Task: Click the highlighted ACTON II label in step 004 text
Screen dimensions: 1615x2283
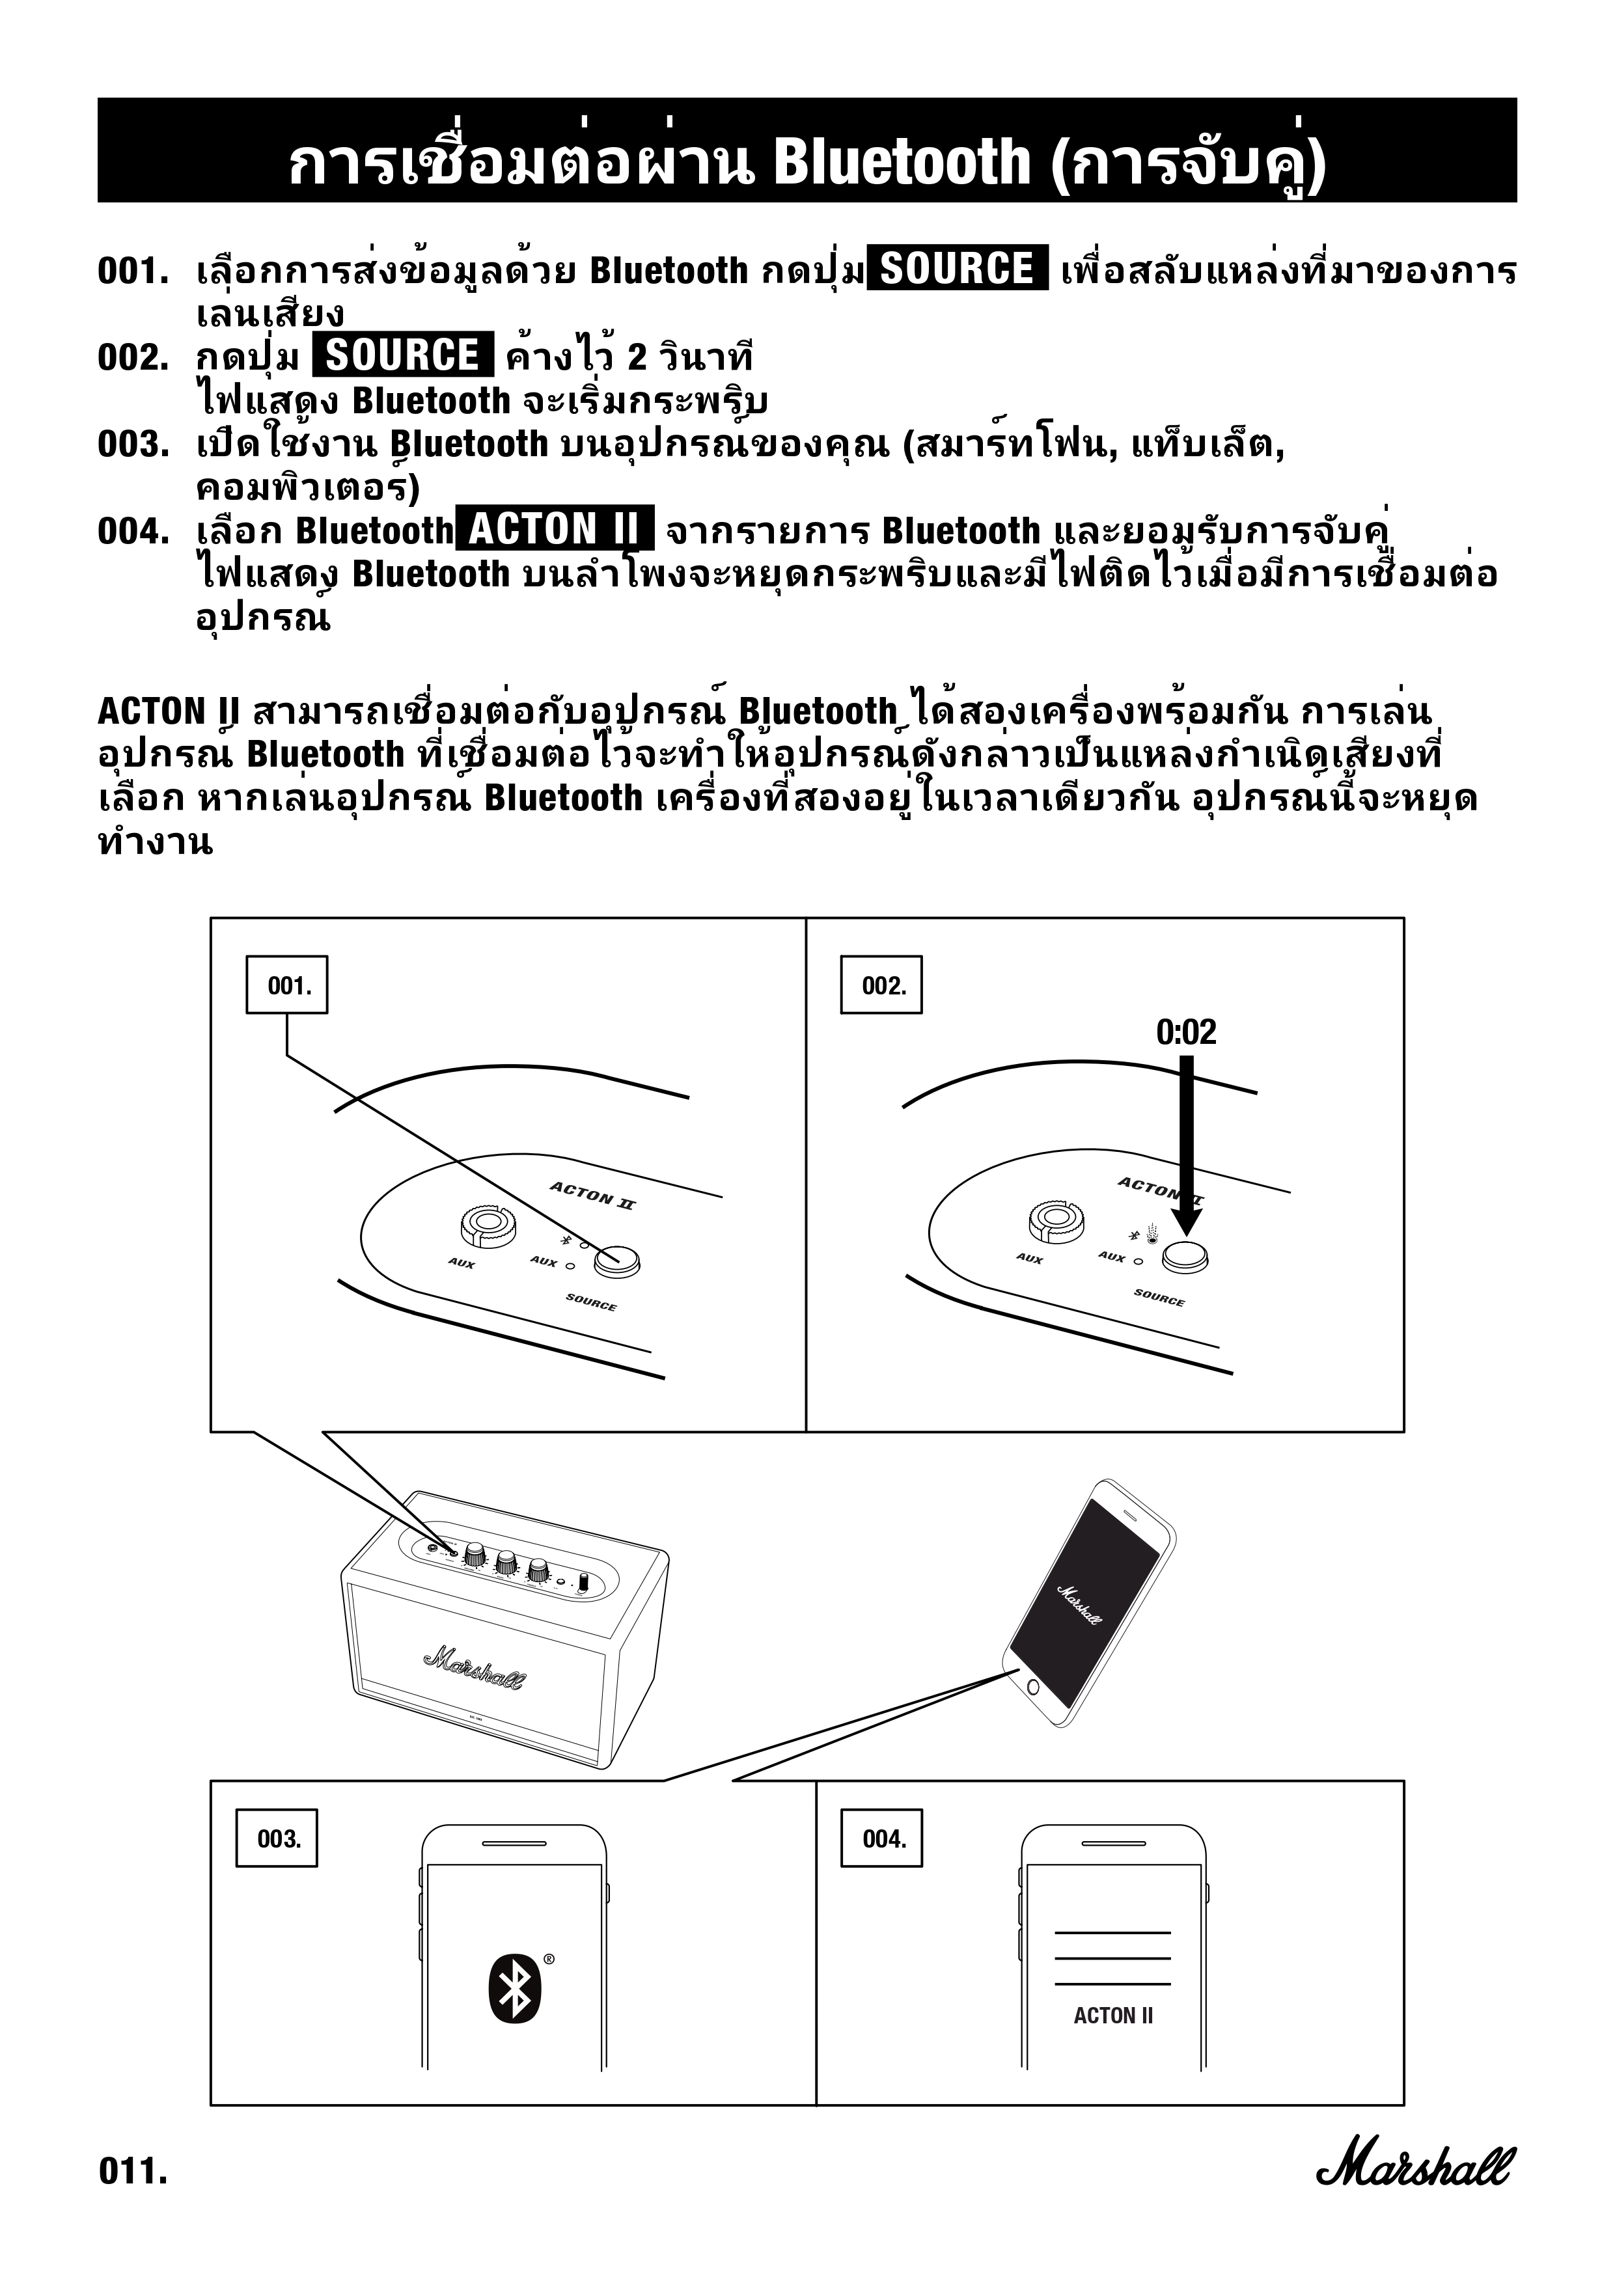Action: click(554, 528)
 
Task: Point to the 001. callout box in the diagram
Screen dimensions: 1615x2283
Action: click(288, 985)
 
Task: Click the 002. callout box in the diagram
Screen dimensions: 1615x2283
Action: click(881, 985)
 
